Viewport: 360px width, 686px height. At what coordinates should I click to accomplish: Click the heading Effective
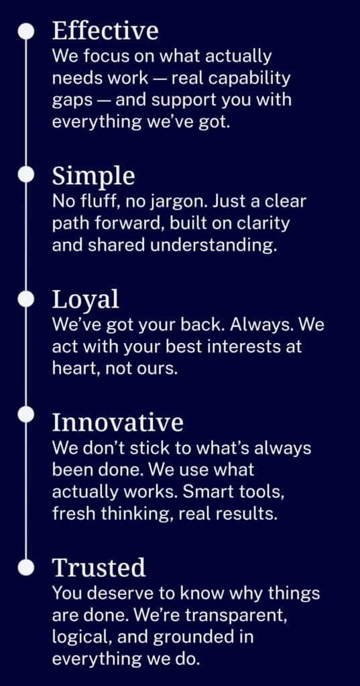105,31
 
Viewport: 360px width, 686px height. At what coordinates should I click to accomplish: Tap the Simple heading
93,176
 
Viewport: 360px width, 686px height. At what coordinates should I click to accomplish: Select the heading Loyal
85,300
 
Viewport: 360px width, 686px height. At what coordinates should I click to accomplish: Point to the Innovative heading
117,422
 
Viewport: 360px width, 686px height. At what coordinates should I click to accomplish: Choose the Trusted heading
99,567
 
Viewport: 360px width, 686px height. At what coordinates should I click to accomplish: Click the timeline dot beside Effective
26,31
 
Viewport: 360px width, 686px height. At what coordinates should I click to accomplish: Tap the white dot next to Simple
26,175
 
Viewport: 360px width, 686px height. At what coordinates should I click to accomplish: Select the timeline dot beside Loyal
26,299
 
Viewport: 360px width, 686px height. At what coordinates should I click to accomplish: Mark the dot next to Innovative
26,414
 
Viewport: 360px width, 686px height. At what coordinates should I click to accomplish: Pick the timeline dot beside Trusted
26,567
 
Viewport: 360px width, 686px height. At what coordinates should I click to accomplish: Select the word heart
72,368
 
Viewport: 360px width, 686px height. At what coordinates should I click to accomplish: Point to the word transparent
236,616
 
